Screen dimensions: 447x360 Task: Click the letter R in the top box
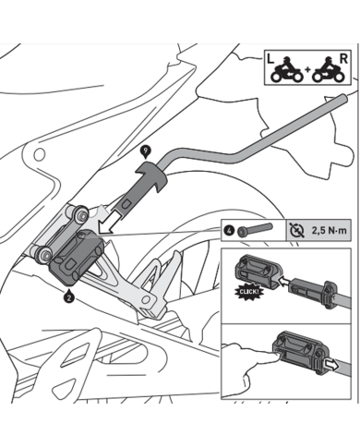(x=343, y=57)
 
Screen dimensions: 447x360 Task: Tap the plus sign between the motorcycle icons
(x=307, y=72)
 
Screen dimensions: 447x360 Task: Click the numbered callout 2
(x=69, y=296)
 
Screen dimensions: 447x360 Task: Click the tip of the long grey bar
(x=343, y=96)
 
